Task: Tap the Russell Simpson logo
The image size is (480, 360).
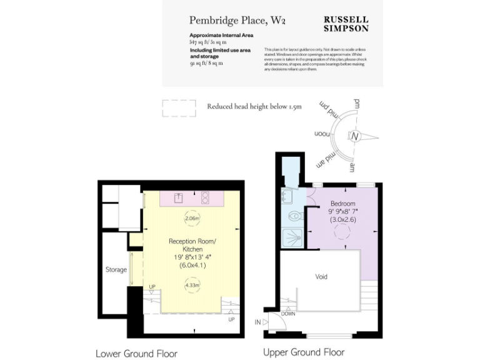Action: click(346, 23)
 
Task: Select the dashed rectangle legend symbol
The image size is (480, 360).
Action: click(179, 108)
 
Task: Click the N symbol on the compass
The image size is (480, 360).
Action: click(355, 136)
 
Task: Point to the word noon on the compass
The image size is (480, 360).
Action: click(322, 134)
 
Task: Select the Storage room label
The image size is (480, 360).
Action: click(116, 270)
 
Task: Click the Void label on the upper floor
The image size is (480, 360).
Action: click(321, 276)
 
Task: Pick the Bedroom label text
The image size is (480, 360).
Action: click(342, 204)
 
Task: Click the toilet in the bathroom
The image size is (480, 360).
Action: click(296, 216)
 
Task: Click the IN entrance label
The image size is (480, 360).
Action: click(257, 321)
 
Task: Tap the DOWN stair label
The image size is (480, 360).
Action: click(288, 314)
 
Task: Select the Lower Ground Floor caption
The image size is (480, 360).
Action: click(136, 353)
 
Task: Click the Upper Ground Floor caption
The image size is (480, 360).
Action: click(304, 352)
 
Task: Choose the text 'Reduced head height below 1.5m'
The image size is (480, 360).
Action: click(254, 107)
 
